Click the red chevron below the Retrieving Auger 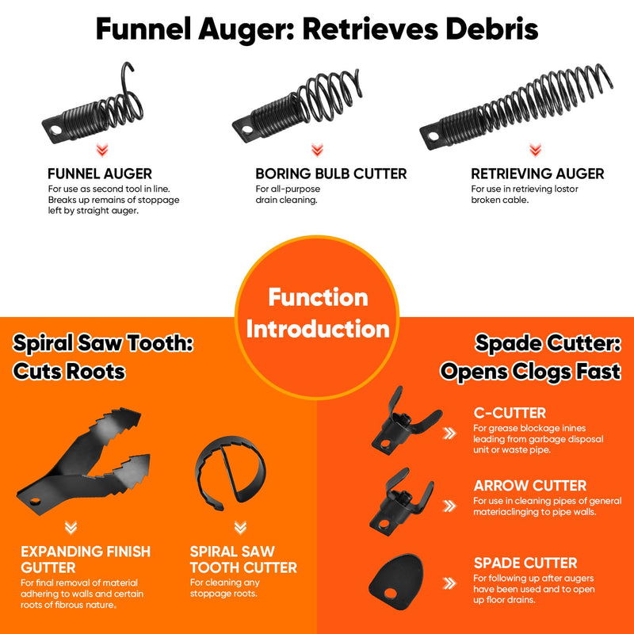[536, 150]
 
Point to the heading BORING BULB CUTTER [330, 174]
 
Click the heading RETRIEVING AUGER [537, 174]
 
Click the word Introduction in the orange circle [318, 329]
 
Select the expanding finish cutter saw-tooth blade [83, 461]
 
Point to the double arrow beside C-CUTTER [449, 433]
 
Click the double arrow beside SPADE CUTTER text [449, 583]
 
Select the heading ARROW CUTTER [529, 485]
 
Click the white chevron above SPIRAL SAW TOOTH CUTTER [240, 527]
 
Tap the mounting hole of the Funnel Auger [55, 130]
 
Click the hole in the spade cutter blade [390, 593]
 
